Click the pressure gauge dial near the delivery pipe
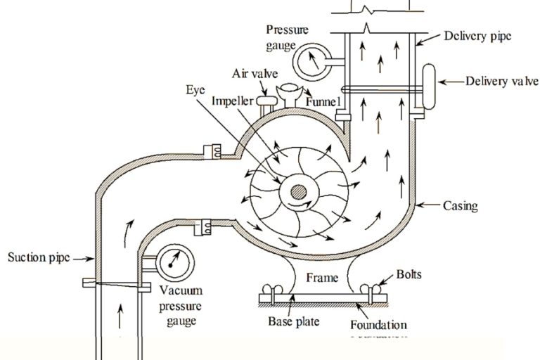tap(310, 62)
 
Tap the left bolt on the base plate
tap(269, 289)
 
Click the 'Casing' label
tap(461, 206)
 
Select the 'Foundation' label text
tap(378, 326)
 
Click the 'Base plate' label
tap(294, 323)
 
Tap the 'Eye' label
tap(196, 90)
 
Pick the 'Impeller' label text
tap(233, 101)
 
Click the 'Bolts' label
tap(409, 274)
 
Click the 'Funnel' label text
tap(324, 103)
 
